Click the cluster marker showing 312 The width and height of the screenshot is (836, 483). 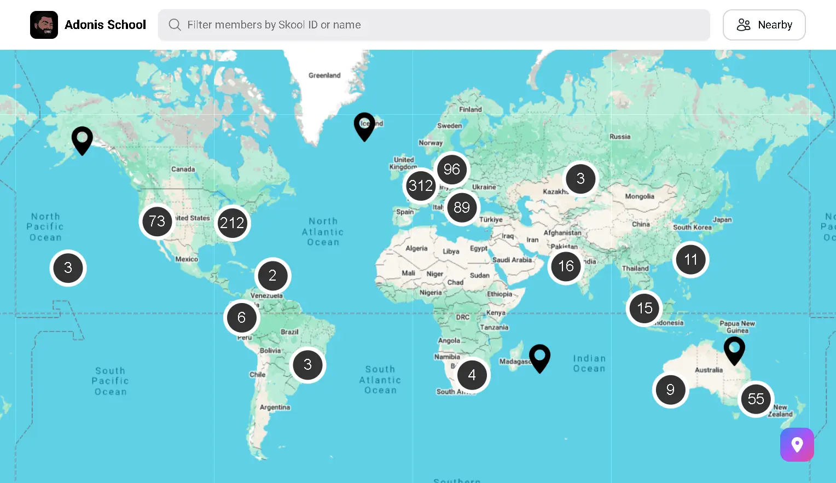421,186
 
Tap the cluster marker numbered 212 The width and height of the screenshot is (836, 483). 233,223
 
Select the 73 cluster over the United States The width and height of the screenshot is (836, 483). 157,222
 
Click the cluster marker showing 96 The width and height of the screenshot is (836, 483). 452,170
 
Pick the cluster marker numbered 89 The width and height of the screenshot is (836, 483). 462,208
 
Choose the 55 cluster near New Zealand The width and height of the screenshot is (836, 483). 756,399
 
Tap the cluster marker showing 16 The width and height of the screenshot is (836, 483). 566,266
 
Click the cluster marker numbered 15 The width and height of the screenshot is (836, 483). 645,309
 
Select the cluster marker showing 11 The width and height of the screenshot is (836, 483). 690,260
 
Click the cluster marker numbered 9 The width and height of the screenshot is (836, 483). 670,389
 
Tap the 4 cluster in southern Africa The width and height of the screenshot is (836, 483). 472,375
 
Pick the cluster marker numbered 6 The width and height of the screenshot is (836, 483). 241,318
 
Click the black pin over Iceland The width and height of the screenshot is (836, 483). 364,125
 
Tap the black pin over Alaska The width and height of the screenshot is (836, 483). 82,139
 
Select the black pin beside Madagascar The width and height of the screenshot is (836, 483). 539,357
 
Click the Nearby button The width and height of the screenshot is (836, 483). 764,25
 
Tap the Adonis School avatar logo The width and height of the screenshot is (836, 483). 44,25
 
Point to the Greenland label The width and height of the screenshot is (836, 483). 324,75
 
